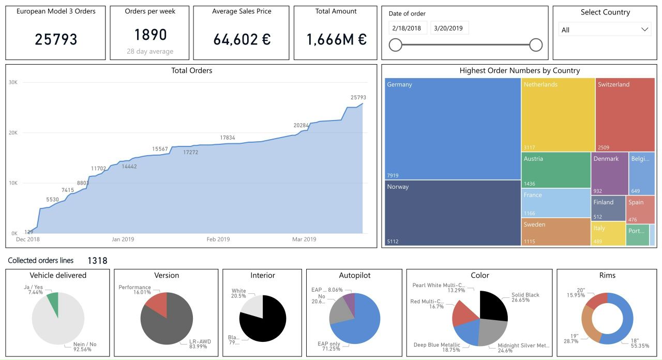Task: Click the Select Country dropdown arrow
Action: [644, 29]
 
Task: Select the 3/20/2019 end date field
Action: [448, 28]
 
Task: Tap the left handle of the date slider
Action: [396, 45]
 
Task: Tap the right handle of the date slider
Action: [536, 45]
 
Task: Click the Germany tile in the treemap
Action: [453, 128]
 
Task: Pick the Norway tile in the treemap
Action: [453, 213]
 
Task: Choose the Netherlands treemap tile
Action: [558, 114]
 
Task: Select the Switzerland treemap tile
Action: [625, 114]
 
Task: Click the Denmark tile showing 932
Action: [609, 173]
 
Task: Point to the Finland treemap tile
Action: [608, 208]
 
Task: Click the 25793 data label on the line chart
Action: [358, 97]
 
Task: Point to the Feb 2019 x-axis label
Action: [218, 239]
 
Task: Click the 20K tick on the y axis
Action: [13, 133]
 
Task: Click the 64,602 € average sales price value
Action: [242, 39]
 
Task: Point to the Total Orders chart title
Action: [191, 70]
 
